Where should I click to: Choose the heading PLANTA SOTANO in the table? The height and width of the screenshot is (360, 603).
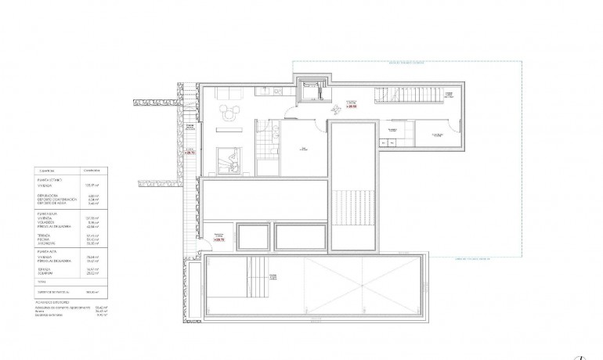click(x=51, y=180)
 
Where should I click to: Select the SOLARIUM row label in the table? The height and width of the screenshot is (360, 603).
click(x=50, y=273)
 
